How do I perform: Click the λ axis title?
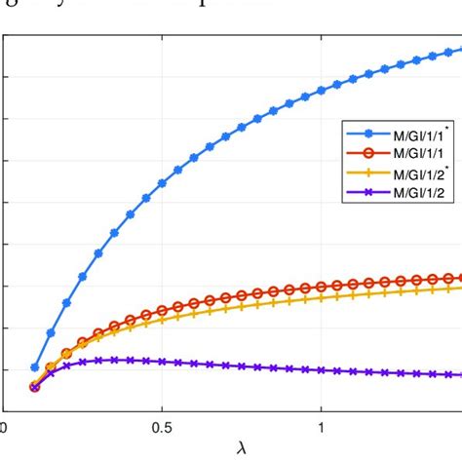[x=241, y=449]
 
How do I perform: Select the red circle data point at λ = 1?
[x=322, y=287]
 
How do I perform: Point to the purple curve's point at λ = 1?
[x=322, y=370]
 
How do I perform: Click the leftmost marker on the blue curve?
[x=35, y=367]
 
